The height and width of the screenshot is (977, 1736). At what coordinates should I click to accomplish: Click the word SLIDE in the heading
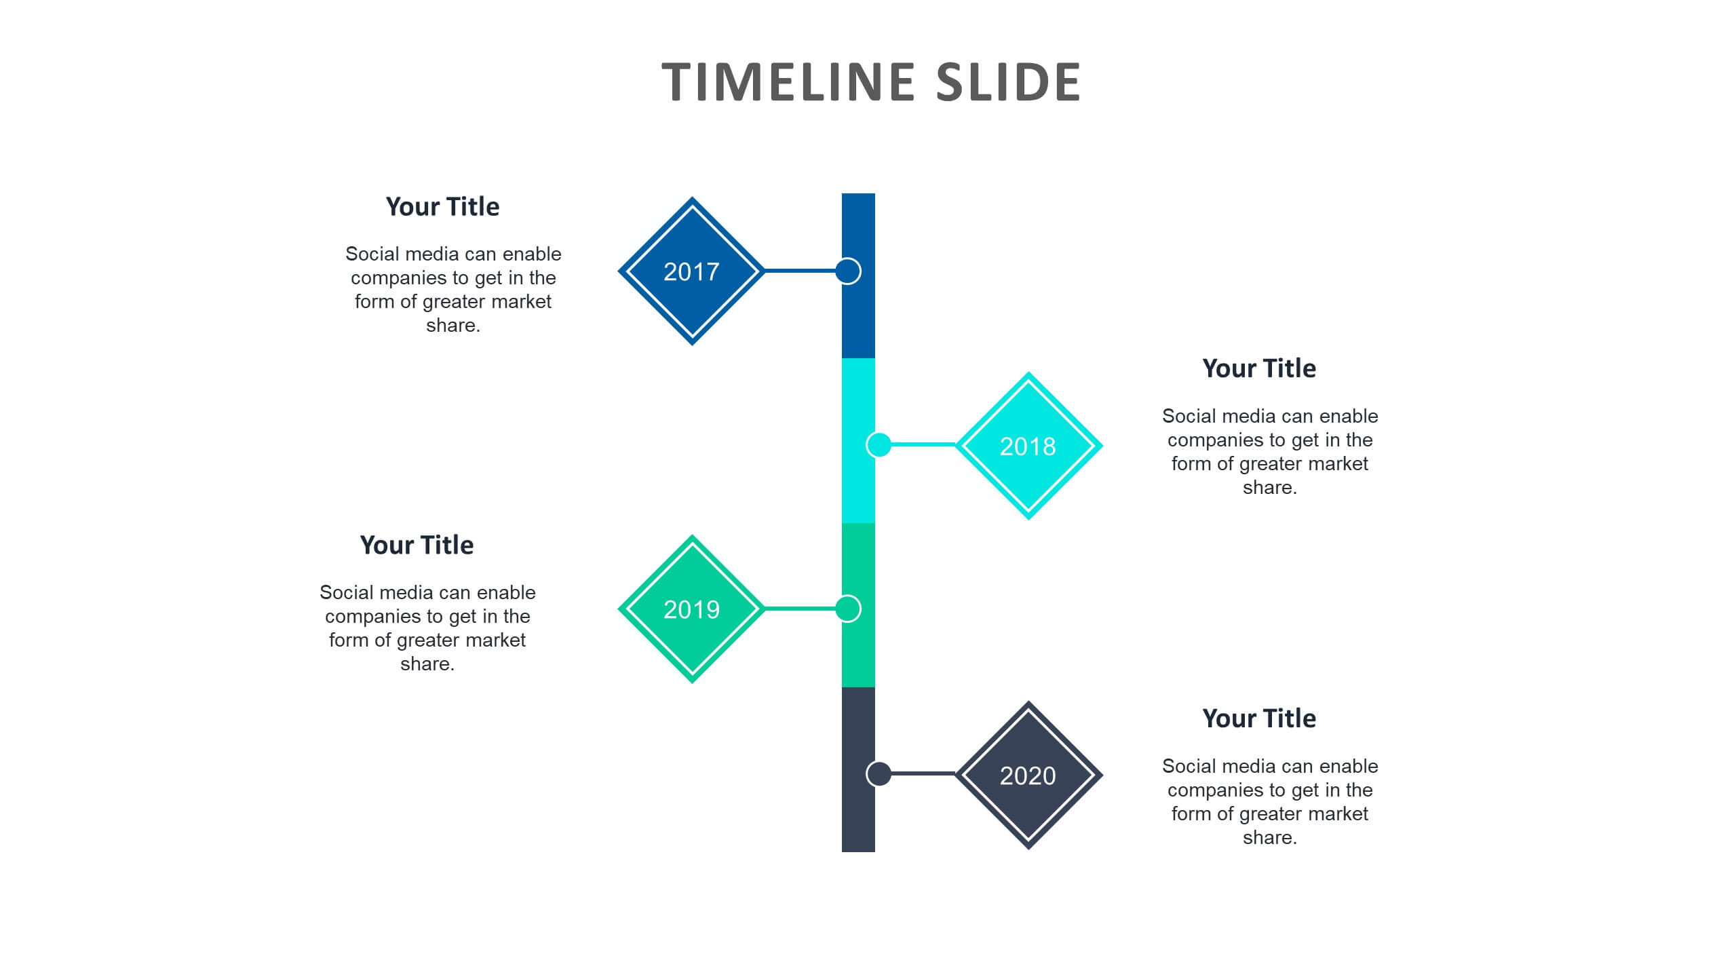pyautogui.click(x=1008, y=82)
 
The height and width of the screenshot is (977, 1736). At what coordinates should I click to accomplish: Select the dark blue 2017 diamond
pyautogui.click(x=692, y=271)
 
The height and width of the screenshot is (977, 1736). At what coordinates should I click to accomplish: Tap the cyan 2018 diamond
pyautogui.click(x=1028, y=446)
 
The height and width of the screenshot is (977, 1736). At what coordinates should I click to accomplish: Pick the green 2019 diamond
pyautogui.click(x=692, y=609)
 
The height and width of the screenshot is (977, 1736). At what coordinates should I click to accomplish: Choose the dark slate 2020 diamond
pyautogui.click(x=1028, y=775)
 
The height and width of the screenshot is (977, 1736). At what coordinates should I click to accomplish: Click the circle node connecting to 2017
pyautogui.click(x=848, y=271)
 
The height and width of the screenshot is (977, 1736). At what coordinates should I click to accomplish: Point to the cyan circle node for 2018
pyautogui.click(x=879, y=445)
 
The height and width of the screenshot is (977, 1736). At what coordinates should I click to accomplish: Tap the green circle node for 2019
pyautogui.click(x=848, y=609)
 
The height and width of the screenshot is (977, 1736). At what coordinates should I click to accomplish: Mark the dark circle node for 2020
pyautogui.click(x=879, y=773)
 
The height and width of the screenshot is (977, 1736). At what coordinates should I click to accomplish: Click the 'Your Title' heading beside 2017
pyautogui.click(x=442, y=207)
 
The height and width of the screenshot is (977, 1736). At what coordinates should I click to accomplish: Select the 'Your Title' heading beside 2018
pyautogui.click(x=1259, y=368)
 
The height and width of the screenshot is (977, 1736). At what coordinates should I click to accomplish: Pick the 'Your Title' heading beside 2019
pyautogui.click(x=417, y=545)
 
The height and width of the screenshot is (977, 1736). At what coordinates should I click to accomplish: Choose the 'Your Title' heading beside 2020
pyautogui.click(x=1259, y=719)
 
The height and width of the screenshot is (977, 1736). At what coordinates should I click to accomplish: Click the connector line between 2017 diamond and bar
pyautogui.click(x=801, y=271)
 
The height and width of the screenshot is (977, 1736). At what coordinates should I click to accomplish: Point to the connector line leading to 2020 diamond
pyautogui.click(x=923, y=773)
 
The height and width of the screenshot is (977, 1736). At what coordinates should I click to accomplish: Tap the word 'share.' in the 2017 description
pyautogui.click(x=453, y=326)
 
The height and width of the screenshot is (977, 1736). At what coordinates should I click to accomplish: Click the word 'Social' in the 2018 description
pyautogui.click(x=1189, y=416)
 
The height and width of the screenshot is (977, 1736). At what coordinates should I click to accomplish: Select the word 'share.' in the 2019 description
pyautogui.click(x=427, y=664)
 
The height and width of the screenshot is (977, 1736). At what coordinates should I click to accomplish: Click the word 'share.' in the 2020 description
pyautogui.click(x=1270, y=838)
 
